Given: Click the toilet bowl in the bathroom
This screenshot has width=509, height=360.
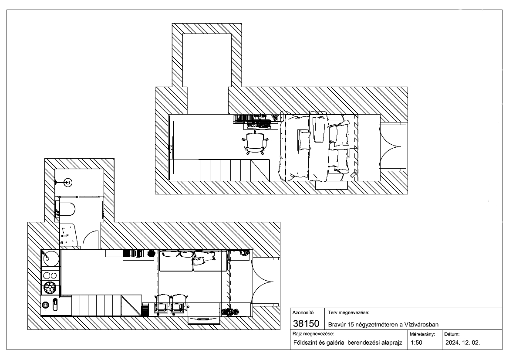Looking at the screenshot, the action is pyautogui.click(x=67, y=209).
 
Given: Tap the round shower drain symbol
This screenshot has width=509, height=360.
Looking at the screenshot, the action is pyautogui.click(x=68, y=182).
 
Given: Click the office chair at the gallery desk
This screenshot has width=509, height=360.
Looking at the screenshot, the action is pyautogui.click(x=255, y=143).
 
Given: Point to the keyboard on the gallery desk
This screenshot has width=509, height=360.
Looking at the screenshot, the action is pyautogui.click(x=259, y=124).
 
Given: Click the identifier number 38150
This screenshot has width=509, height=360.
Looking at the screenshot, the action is pyautogui.click(x=306, y=324).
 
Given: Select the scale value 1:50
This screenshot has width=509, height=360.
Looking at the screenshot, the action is pyautogui.click(x=417, y=343).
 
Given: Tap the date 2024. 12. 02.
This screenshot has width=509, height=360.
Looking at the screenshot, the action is pyautogui.click(x=462, y=343).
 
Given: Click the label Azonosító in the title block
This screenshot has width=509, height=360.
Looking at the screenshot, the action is pyautogui.click(x=303, y=312).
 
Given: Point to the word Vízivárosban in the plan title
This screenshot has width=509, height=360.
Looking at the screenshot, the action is pyautogui.click(x=421, y=324).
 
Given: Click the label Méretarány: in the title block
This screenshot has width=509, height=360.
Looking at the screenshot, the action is pyautogui.click(x=422, y=334).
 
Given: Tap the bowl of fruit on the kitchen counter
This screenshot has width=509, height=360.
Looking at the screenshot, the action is pyautogui.click(x=50, y=288).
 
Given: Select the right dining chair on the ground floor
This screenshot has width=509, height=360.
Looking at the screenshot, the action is pyautogui.click(x=178, y=305).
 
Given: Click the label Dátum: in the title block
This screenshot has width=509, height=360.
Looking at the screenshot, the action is pyautogui.click(x=452, y=334).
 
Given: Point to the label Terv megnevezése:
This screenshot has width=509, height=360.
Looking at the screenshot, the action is pyautogui.click(x=348, y=312).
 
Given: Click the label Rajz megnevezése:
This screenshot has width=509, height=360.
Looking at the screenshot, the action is pyautogui.click(x=313, y=334).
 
